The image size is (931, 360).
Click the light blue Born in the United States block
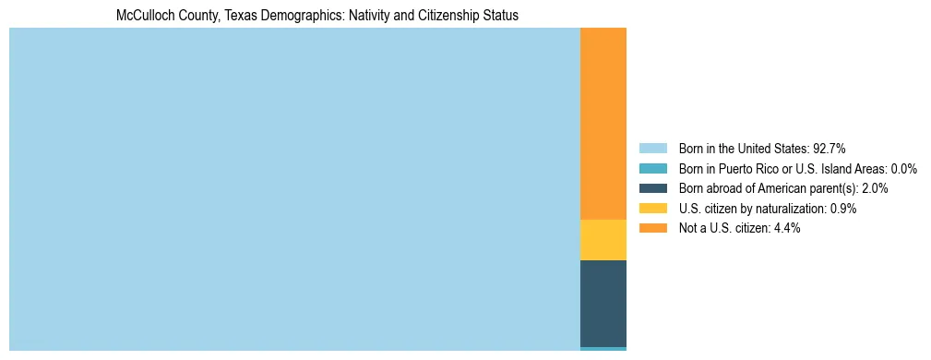point(294,189)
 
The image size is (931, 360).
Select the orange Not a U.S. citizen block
point(603,124)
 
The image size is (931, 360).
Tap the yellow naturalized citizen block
point(603,240)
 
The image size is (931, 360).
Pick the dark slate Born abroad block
point(603,304)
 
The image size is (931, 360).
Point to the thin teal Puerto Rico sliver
point(603,349)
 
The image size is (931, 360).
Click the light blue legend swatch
point(652,149)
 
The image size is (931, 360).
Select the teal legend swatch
point(652,169)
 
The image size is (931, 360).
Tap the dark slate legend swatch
point(652,188)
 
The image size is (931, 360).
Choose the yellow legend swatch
point(652,209)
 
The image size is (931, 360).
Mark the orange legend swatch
point(652,228)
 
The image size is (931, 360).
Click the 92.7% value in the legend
point(829,149)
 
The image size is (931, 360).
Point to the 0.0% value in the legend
point(904,169)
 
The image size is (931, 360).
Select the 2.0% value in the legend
point(875,188)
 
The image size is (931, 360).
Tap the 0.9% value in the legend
point(842,209)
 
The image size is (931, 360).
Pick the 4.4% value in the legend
point(786,228)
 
